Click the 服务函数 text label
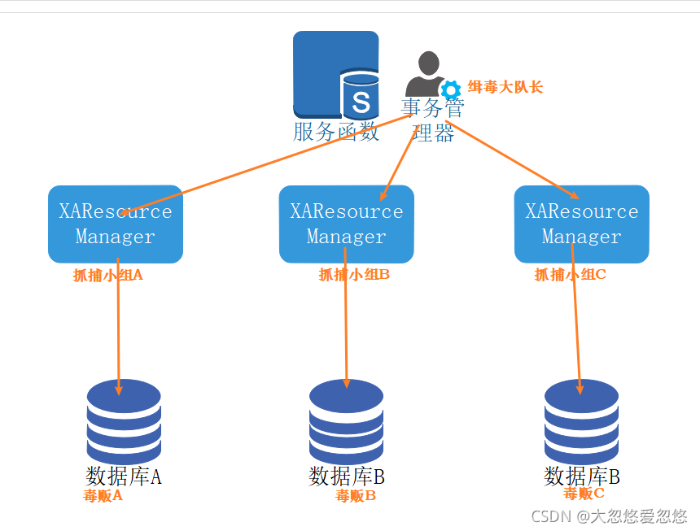pos(336,131)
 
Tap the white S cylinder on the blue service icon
pos(361,97)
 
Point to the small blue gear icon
pos(450,89)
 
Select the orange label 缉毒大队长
pos(505,87)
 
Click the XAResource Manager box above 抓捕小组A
pos(116,224)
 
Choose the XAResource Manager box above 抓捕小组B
pos(347,224)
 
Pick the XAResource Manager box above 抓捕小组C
pos(581,224)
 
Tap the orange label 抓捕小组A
pos(107,275)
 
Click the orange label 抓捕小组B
pos(354,275)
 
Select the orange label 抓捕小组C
pos(570,275)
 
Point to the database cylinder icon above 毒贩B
pos(346,420)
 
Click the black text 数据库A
pos(124,476)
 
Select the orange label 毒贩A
pos(103,494)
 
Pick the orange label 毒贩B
pos(356,495)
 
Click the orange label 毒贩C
pos(584,493)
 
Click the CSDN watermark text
pos(609,516)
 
